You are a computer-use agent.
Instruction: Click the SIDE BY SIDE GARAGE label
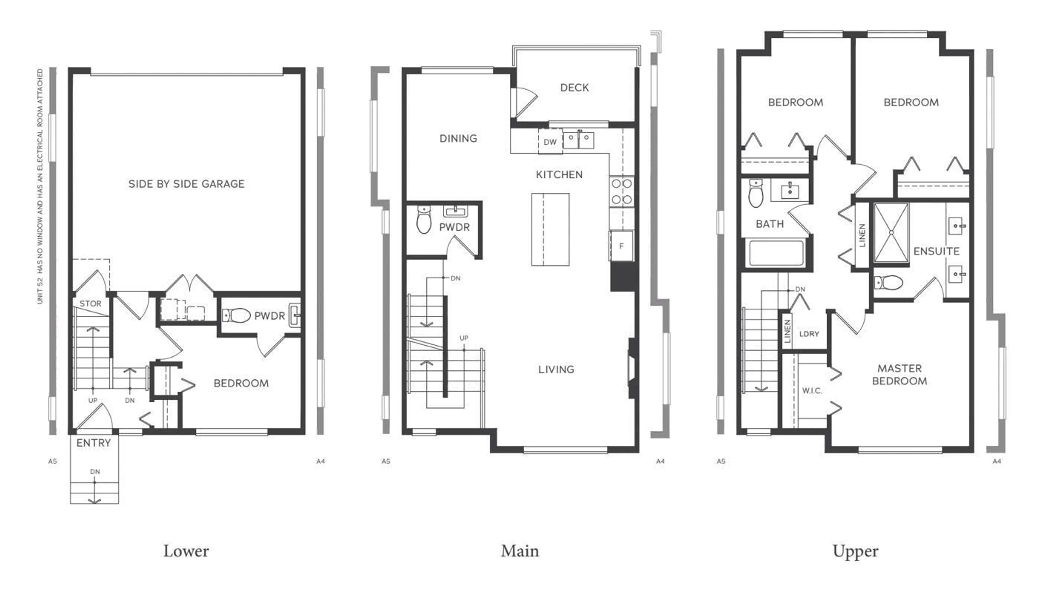[x=186, y=184]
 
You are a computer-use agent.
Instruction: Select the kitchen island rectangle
[x=550, y=229]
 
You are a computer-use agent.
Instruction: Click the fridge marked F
[x=621, y=246]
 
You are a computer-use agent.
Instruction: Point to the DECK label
[x=574, y=88]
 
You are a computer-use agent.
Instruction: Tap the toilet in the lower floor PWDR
[x=237, y=315]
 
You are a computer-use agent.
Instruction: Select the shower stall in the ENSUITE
[x=891, y=232]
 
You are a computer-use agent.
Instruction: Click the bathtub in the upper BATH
[x=774, y=253]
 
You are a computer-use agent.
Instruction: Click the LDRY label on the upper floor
[x=809, y=334]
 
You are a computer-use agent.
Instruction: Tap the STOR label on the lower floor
[x=91, y=304]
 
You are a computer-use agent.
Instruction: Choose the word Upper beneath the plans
[x=855, y=551]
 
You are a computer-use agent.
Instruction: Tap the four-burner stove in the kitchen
[x=622, y=192]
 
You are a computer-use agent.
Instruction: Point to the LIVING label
[x=556, y=370]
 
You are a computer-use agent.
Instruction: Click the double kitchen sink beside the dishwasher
[x=578, y=140]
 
